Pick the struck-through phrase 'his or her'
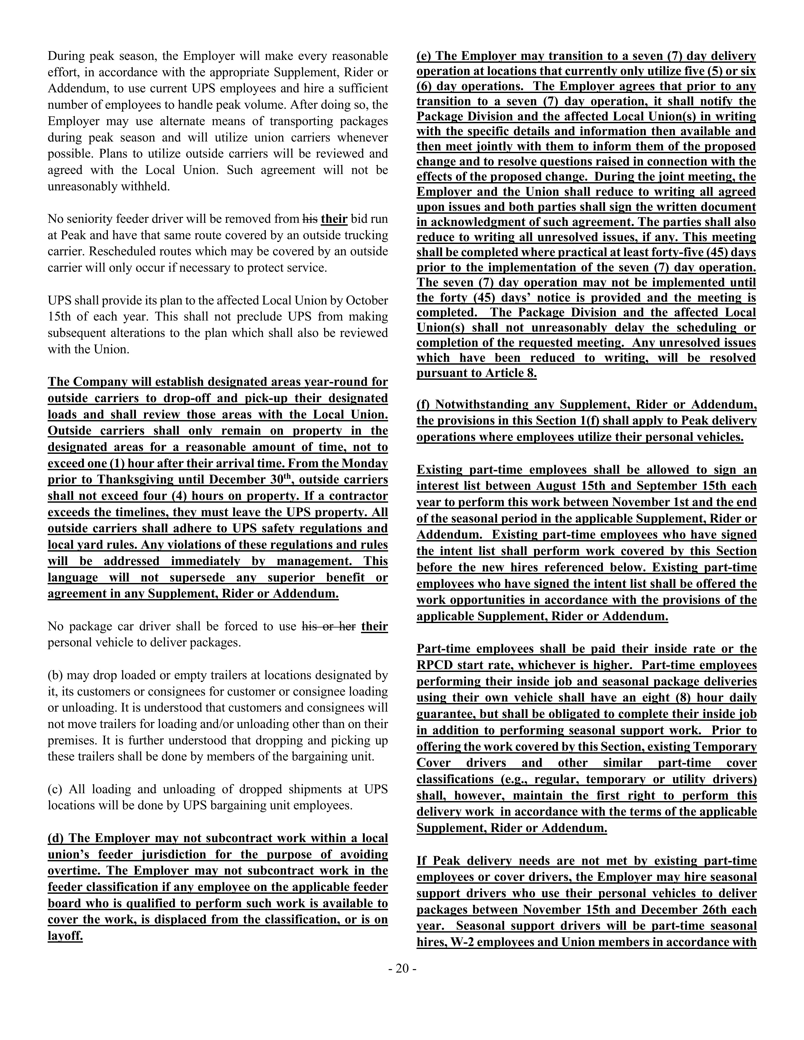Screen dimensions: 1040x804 coord(329,626)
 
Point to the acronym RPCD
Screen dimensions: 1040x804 coord(434,665)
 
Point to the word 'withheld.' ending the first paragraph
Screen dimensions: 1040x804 coord(145,187)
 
